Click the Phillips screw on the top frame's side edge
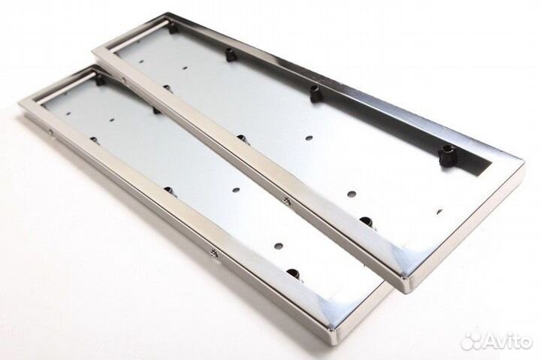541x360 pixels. pos(286,199)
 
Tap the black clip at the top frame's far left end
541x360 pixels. pos(174,29)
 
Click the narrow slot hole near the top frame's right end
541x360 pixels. pos(439,210)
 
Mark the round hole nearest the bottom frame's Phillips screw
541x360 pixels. pos(279,246)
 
